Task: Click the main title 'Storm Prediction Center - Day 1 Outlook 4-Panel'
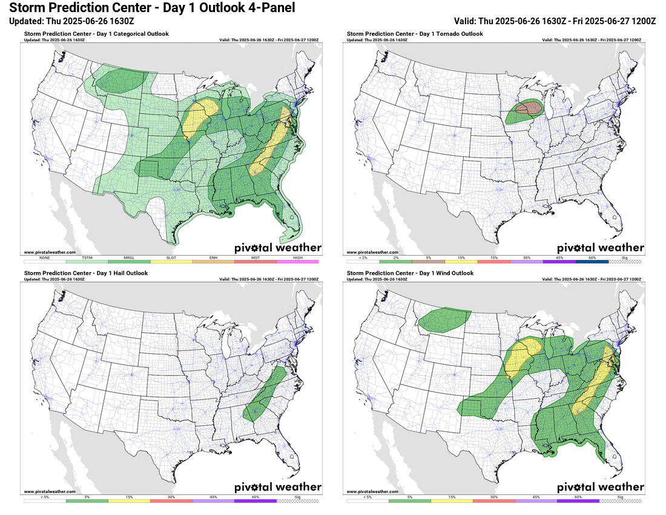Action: click(148, 8)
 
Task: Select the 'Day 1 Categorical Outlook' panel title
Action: click(97, 34)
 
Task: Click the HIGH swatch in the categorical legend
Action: click(297, 262)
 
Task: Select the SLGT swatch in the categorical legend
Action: click(171, 262)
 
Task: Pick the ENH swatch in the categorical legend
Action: click(213, 262)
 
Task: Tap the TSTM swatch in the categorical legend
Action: click(87, 262)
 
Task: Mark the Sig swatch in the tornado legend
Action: click(624, 262)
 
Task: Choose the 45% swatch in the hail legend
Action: click(213, 501)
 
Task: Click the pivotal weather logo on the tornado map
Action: click(600, 247)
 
